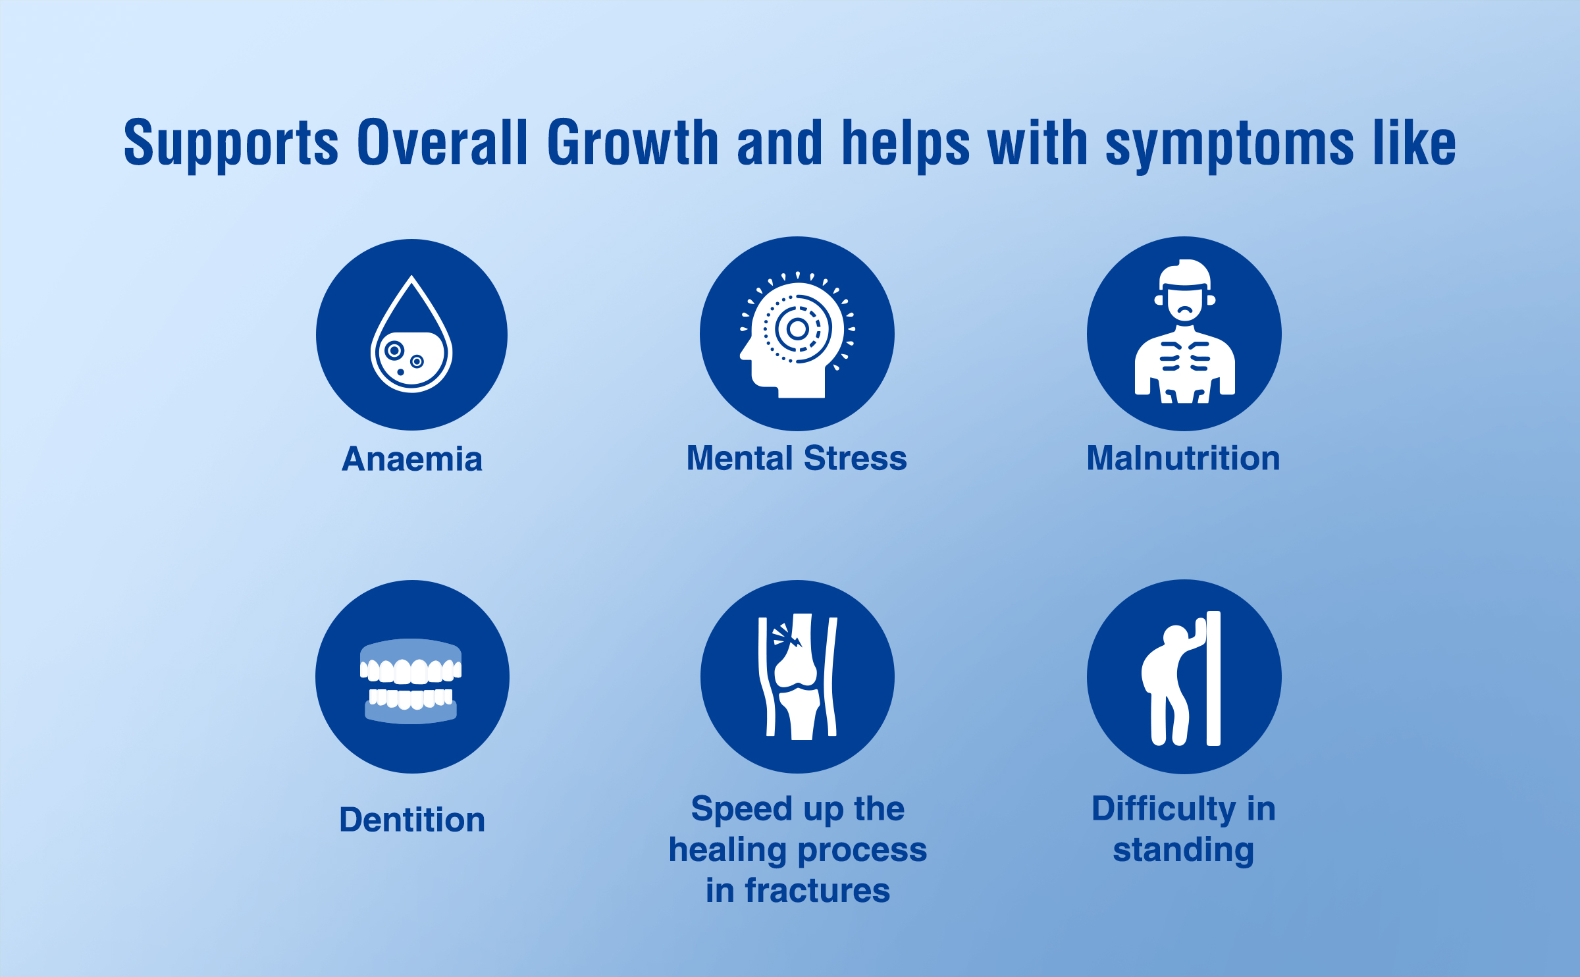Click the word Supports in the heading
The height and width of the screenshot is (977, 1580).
(x=231, y=144)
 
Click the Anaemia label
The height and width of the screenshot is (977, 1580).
(x=412, y=459)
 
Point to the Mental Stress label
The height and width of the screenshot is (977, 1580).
(x=797, y=458)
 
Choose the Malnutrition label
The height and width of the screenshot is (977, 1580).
(x=1184, y=458)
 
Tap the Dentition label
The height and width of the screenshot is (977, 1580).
(x=412, y=820)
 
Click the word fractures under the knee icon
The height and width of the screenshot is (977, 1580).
(x=818, y=891)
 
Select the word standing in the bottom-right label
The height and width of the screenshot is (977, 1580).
(x=1184, y=850)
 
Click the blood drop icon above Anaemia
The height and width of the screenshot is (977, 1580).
(x=411, y=334)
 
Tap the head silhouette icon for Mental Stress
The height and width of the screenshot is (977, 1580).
(x=797, y=334)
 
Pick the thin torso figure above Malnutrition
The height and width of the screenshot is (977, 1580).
(x=1184, y=331)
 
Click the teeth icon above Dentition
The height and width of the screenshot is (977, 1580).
(x=411, y=681)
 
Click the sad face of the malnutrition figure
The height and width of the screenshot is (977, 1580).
(x=1185, y=304)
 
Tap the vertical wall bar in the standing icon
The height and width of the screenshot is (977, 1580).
(x=1213, y=678)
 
